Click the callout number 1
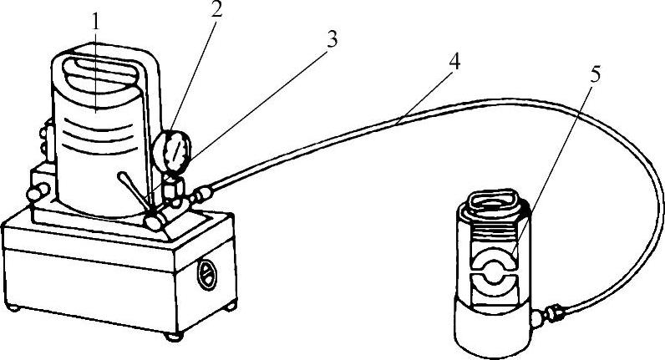(96, 23)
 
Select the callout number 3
(332, 40)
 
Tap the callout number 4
(453, 61)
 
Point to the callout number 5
(596, 74)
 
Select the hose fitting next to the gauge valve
(200, 196)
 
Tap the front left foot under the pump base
(175, 337)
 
